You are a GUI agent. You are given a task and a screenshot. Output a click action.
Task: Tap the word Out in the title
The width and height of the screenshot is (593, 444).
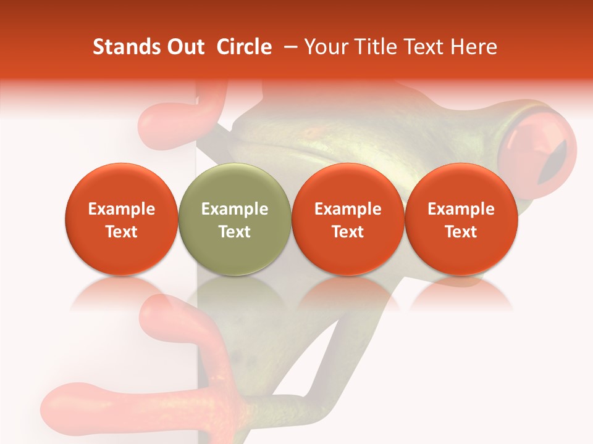click(183, 47)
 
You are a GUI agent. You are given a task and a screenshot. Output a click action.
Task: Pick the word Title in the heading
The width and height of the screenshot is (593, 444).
click(377, 47)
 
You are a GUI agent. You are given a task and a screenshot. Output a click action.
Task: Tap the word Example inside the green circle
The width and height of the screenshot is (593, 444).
click(234, 209)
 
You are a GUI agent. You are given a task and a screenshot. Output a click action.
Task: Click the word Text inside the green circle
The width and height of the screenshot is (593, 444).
click(234, 232)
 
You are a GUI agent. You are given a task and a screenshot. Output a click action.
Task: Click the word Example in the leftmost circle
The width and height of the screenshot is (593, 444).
click(121, 209)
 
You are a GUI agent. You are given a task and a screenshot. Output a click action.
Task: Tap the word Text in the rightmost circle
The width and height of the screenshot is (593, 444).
click(461, 232)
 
